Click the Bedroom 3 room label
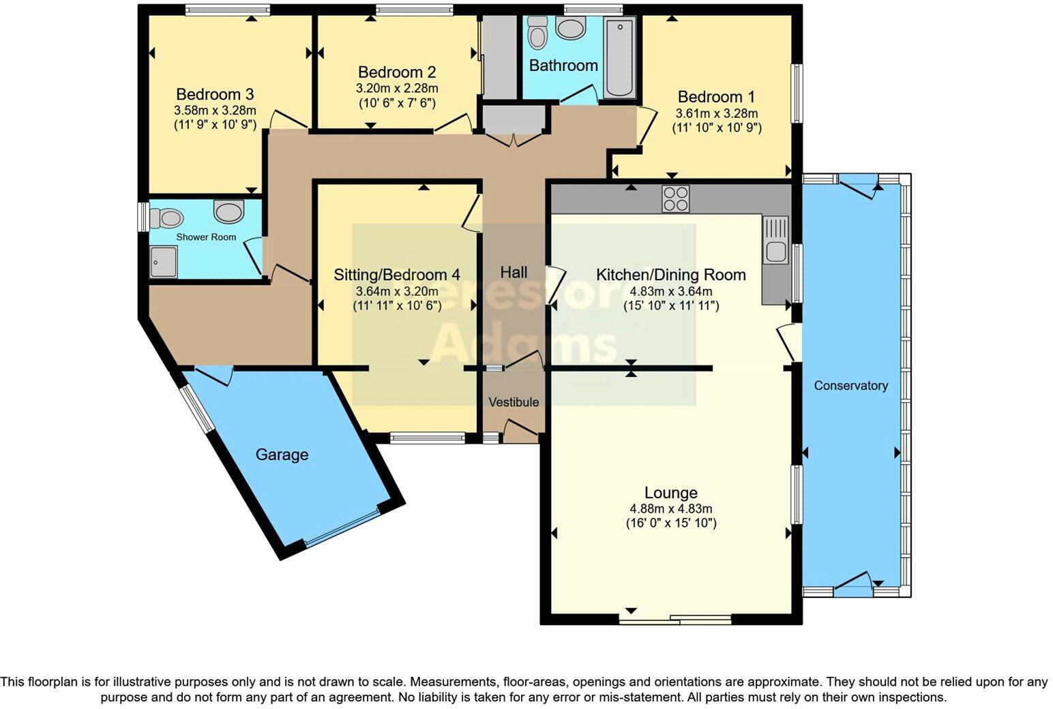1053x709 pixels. [x=215, y=94]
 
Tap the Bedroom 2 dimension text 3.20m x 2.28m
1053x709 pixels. [x=397, y=88]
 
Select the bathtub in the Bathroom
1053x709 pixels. [x=619, y=58]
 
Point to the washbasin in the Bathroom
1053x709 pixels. [x=570, y=28]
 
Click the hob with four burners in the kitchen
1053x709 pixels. [x=675, y=198]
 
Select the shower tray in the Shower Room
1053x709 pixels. [x=164, y=262]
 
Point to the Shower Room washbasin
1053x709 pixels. [x=228, y=211]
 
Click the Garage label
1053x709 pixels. [x=282, y=455]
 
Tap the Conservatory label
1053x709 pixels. [x=850, y=386]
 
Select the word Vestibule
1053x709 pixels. [x=514, y=402]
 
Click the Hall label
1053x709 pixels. [x=514, y=273]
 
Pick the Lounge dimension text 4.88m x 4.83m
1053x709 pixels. [x=671, y=509]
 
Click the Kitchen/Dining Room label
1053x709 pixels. [x=670, y=275]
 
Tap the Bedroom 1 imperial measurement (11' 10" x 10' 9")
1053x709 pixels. [x=717, y=127]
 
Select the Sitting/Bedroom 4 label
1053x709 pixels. [x=396, y=275]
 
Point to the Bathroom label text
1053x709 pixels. [x=563, y=65]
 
